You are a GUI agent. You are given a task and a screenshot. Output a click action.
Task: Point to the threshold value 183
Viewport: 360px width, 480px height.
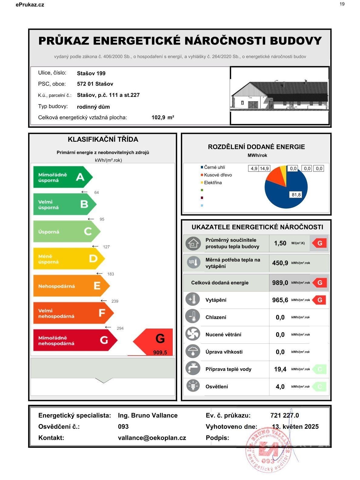click(111, 274)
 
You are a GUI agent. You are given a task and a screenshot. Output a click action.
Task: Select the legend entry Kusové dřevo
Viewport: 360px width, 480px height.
click(218, 175)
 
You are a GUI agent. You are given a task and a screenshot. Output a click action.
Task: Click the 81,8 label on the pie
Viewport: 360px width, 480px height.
click(296, 195)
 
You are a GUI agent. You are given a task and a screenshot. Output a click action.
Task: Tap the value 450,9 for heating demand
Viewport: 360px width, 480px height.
click(280, 263)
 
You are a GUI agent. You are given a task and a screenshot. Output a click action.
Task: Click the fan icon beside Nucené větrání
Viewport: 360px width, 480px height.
click(193, 335)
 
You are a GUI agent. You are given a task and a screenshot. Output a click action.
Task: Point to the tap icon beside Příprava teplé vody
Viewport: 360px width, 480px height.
click(193, 369)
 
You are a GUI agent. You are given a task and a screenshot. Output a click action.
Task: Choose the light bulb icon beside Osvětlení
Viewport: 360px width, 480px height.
click(193, 386)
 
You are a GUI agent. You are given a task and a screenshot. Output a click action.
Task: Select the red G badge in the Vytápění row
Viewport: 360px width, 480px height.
click(319, 300)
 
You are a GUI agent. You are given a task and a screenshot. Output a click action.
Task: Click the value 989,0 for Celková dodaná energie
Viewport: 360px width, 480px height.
click(280, 283)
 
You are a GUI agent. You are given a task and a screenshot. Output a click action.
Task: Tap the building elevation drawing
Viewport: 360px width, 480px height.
click(279, 95)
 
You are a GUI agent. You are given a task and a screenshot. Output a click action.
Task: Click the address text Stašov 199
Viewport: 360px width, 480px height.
click(91, 73)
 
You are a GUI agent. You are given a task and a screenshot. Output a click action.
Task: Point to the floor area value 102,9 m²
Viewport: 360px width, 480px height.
click(163, 118)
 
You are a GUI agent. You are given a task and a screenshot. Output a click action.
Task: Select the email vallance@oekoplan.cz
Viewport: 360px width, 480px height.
click(152, 438)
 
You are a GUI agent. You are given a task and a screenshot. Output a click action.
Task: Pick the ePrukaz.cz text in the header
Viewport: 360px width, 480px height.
click(30, 5)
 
